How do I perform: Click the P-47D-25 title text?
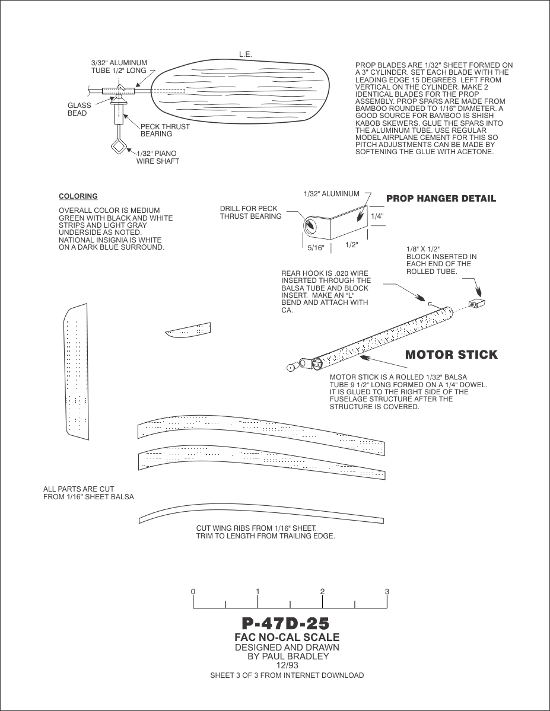coord(285,624)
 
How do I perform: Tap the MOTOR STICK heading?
coord(451,355)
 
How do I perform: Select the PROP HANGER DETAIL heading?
coord(441,198)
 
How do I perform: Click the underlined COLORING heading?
coord(78,196)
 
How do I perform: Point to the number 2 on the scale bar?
coord(322,592)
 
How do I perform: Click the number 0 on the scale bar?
coord(193,592)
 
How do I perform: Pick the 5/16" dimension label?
coord(316,248)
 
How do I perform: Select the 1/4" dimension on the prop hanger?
coord(377,216)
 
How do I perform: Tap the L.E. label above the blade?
coord(246,55)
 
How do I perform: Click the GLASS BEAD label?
coord(80,110)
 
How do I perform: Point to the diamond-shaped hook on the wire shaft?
coord(117,145)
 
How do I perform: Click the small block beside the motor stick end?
coord(476,304)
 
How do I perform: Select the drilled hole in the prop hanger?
coord(310,226)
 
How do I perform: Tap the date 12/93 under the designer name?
coord(287,665)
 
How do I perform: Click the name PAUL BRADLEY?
coord(297,656)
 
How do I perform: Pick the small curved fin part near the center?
coord(188,330)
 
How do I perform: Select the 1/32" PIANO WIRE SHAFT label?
coord(158,157)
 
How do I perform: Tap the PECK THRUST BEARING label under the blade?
coord(165,130)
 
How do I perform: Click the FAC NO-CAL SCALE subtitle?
coord(287,637)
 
